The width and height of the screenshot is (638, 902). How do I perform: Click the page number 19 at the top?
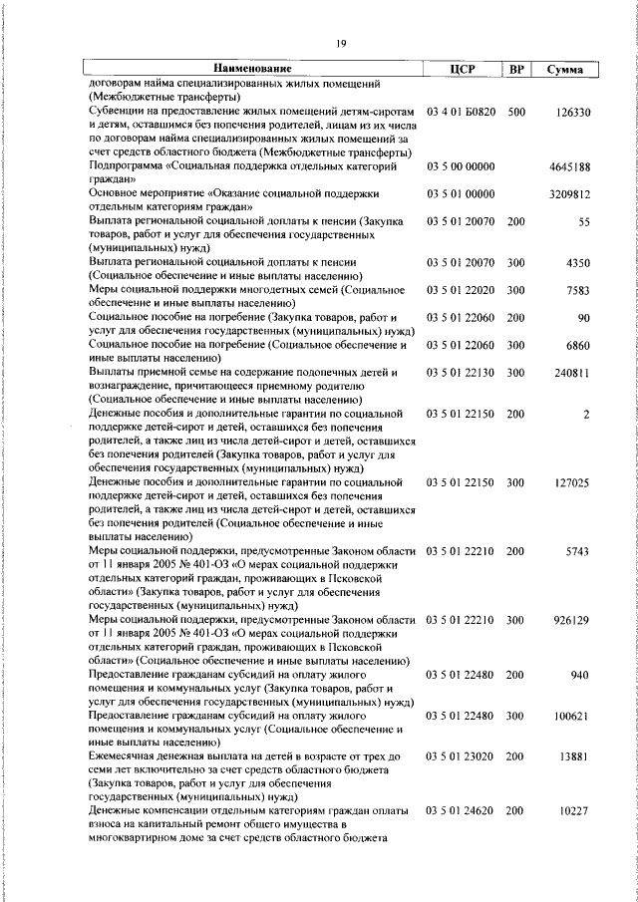point(340,42)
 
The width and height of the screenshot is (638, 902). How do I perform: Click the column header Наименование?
point(251,69)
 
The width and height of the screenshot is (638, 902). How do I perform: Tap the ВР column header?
point(515,69)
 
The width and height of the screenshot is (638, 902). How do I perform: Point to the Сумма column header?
point(564,70)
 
